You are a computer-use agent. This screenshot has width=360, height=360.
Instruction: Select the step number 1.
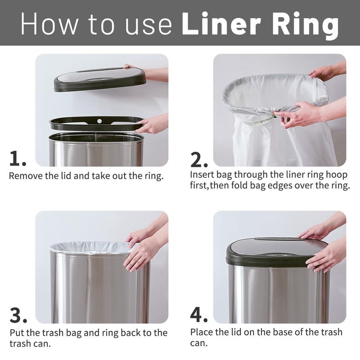(x=17, y=158)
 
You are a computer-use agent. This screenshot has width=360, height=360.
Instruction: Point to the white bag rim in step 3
(x=90, y=247)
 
